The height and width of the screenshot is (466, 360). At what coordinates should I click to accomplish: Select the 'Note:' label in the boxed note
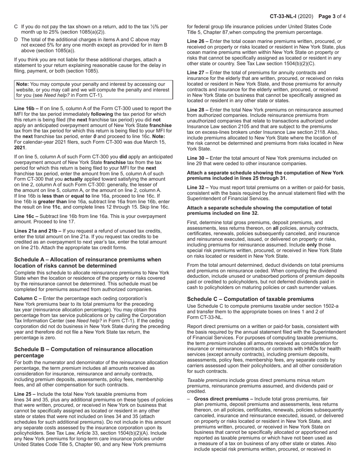22,84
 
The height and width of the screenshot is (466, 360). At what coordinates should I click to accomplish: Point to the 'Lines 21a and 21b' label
36,231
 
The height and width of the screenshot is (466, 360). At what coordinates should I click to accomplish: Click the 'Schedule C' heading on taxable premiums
250,299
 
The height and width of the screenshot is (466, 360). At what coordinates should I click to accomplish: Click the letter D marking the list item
16,39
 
